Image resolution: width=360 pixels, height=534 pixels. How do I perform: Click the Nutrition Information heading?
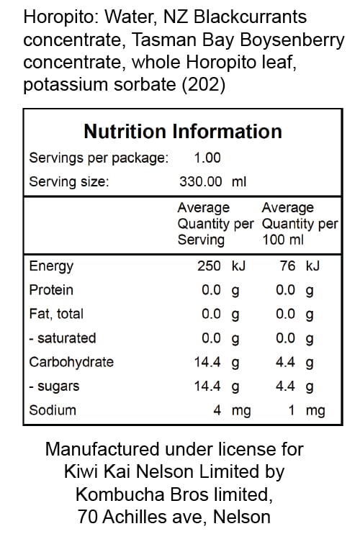(183, 132)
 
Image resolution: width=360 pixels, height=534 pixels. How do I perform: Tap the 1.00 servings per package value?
(207, 158)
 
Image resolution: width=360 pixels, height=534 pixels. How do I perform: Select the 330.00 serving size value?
(201, 181)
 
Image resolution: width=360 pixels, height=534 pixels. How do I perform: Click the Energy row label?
(51, 267)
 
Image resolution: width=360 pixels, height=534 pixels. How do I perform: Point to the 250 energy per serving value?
(209, 266)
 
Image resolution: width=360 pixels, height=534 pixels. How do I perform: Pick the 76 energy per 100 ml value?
(287, 266)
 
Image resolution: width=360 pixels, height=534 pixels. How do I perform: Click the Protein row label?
(51, 290)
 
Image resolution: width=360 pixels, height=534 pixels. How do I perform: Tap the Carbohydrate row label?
(71, 362)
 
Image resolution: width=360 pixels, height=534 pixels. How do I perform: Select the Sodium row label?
(53, 410)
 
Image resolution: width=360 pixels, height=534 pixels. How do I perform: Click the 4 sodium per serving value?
(217, 410)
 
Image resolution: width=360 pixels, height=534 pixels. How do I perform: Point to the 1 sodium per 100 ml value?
(292, 410)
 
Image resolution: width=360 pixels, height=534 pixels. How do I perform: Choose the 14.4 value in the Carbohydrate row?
(207, 362)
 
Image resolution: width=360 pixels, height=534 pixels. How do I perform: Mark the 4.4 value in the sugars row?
(285, 386)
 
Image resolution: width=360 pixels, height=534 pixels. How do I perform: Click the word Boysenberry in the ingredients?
(292, 40)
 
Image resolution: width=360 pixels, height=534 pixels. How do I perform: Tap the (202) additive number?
(203, 84)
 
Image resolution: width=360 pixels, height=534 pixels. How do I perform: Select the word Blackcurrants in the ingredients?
(250, 17)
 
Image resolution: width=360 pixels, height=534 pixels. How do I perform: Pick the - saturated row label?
(63, 338)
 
